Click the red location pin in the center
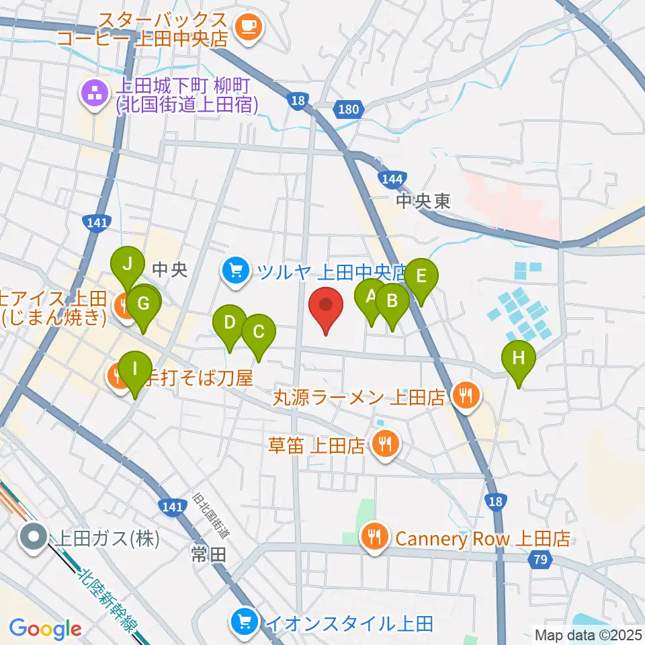326,307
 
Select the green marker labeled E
421,277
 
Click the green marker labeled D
230,324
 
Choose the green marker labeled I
136,370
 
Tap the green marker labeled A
370,297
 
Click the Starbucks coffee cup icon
249,26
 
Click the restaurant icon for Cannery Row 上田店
374,537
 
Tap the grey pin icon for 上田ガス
32,537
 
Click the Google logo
45,629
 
